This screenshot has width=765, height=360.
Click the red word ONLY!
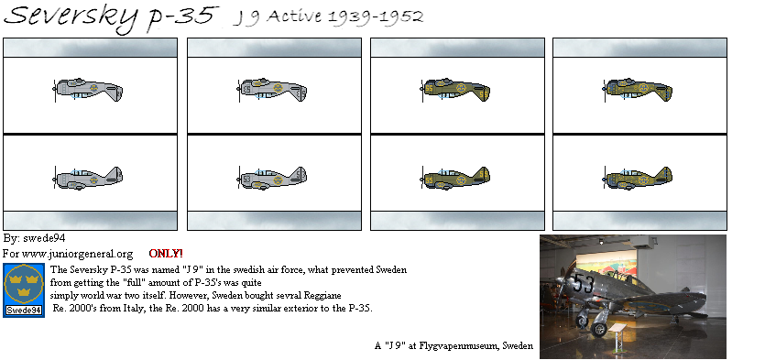click(166, 253)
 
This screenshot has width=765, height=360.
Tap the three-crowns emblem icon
click(23, 284)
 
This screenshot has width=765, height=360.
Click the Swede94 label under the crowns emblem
click(23, 311)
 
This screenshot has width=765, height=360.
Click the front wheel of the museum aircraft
click(600, 328)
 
